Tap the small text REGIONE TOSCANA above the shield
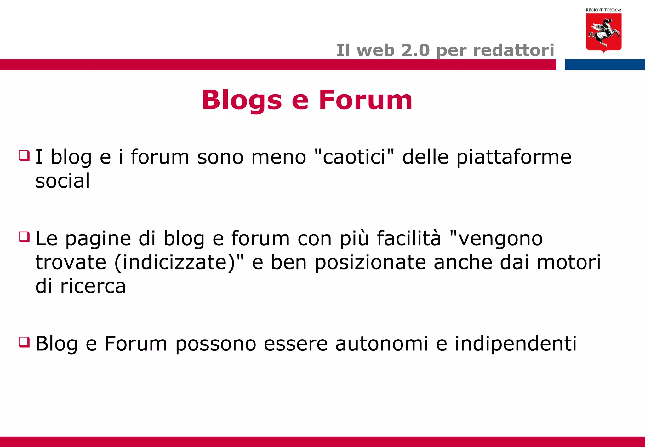(x=603, y=10)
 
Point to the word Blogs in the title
(x=242, y=100)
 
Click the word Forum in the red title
(x=365, y=100)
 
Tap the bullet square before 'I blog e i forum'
(x=24, y=155)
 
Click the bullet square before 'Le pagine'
(x=24, y=237)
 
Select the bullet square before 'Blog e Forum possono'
(x=24, y=342)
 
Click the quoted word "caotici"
(x=354, y=157)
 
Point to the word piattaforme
(x=514, y=157)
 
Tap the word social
(x=63, y=181)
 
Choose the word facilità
(x=409, y=238)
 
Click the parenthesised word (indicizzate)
(x=175, y=263)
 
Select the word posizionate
(x=370, y=263)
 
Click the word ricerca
(x=93, y=286)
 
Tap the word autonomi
(x=381, y=343)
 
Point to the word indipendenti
(x=516, y=344)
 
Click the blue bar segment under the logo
(x=605, y=64)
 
